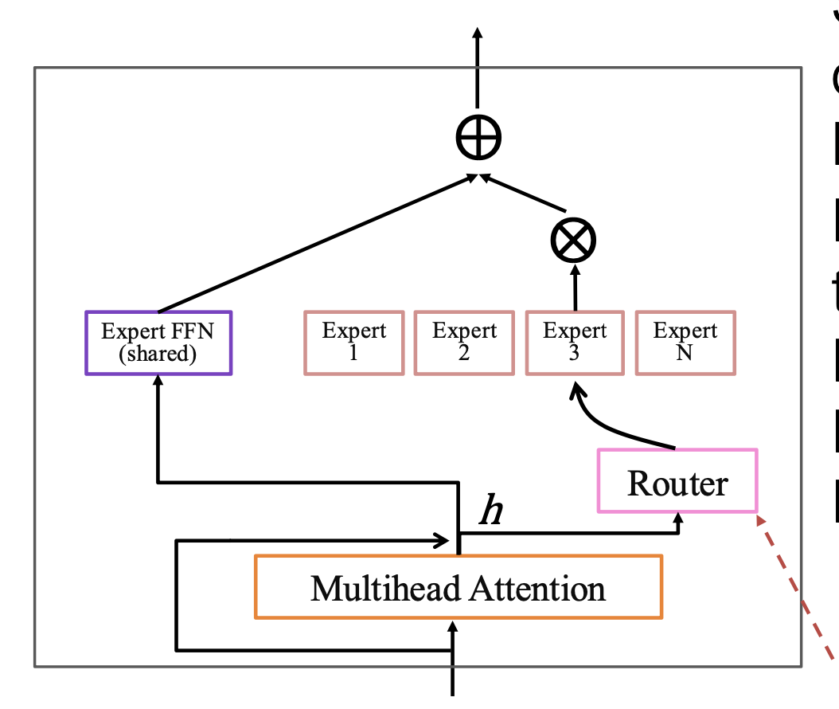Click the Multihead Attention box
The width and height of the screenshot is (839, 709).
(458, 587)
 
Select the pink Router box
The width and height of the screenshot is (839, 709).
(677, 480)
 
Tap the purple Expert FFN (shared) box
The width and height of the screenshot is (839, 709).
(158, 343)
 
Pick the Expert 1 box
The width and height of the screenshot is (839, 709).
(353, 343)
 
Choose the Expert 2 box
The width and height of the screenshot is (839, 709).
(464, 343)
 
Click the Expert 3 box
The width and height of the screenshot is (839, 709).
(574, 343)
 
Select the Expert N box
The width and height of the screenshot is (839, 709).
(685, 343)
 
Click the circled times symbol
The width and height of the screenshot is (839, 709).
(574, 239)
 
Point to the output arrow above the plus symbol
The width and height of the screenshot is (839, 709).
(478, 64)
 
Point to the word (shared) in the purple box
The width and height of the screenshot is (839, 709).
(158, 354)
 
